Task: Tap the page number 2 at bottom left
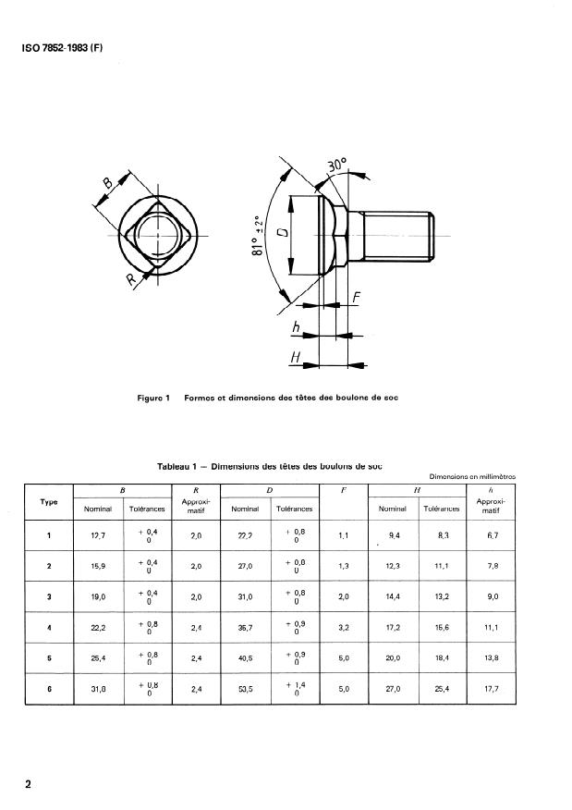coord(29,785)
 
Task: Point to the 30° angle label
coord(337,168)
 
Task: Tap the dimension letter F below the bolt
coord(356,299)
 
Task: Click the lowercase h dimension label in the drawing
coord(295,326)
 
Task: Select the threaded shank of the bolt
coord(397,236)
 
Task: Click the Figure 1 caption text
coord(267,399)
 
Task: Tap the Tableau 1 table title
coord(269,467)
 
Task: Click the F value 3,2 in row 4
coord(344,627)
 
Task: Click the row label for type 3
coord(48,596)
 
